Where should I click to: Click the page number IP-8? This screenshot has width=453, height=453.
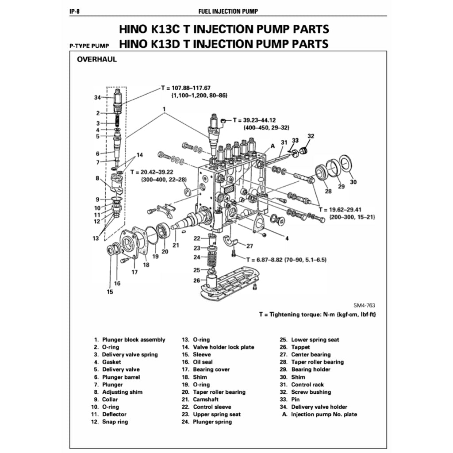click(x=74, y=11)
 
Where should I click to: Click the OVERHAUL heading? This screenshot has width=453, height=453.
click(x=97, y=59)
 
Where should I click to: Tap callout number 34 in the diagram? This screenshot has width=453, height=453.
click(x=97, y=97)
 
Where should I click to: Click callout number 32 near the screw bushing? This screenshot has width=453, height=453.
click(x=311, y=136)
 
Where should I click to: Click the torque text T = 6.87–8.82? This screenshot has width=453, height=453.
click(x=271, y=259)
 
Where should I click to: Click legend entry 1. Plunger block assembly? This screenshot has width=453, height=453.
click(x=129, y=340)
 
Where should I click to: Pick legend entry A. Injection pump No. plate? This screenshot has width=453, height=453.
click(x=320, y=415)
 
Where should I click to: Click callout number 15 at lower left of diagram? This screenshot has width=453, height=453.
click(x=110, y=292)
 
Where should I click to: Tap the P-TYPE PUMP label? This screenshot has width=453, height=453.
click(x=89, y=46)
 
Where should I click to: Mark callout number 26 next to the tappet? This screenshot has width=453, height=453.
click(x=196, y=280)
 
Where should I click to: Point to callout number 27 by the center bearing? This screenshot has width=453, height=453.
click(x=250, y=246)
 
